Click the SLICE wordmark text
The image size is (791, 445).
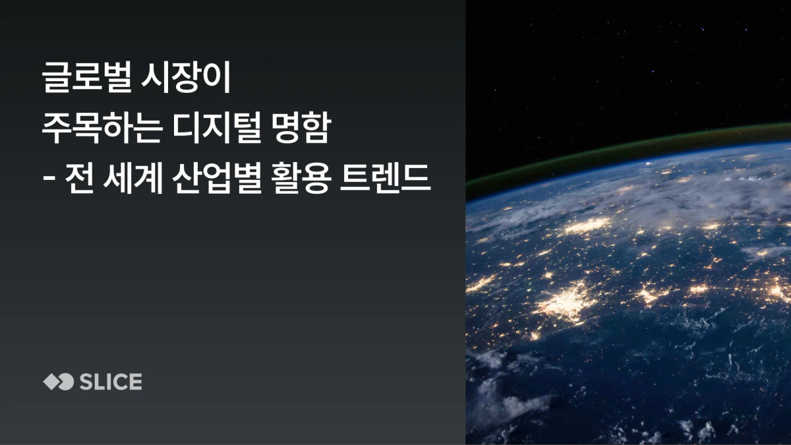(x=110, y=382)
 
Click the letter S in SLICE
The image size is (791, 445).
(x=85, y=382)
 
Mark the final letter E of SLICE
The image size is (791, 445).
(x=135, y=382)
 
